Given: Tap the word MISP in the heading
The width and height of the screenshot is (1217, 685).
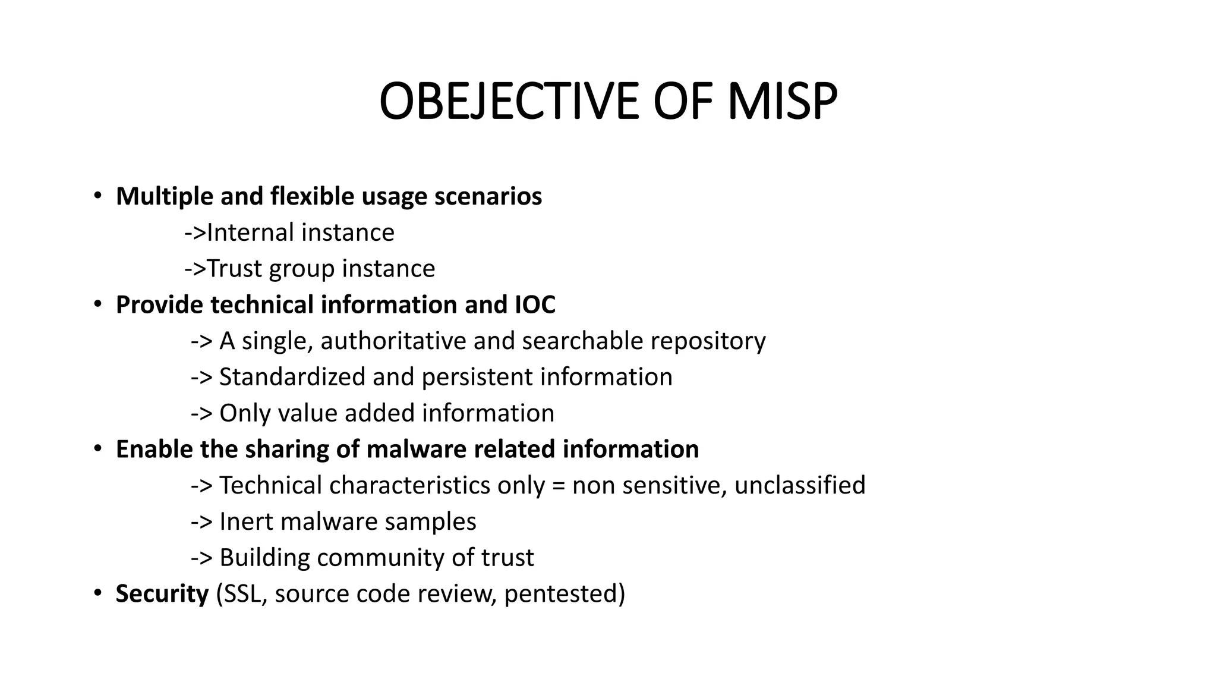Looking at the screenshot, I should [x=783, y=102].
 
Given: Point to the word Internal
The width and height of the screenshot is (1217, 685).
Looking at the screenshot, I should [x=250, y=232].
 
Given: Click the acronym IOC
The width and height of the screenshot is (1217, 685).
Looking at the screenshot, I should [x=535, y=305].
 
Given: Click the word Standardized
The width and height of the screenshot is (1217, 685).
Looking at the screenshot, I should [x=292, y=378].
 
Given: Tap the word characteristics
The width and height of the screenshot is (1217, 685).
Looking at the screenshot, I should [x=409, y=486].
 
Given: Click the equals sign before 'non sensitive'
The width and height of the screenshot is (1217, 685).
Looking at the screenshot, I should [x=559, y=486].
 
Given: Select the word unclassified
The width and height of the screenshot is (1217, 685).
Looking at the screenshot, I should [x=800, y=486].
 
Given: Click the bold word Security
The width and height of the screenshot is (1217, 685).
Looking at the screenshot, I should [x=162, y=594].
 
